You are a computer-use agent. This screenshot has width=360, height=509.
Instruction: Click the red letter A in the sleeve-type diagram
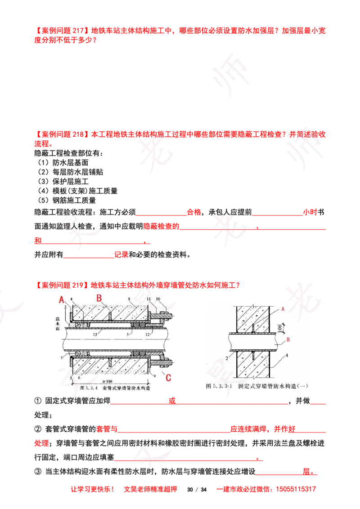tap(62, 299)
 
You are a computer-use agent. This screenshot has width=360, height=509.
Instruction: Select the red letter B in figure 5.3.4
tap(99, 298)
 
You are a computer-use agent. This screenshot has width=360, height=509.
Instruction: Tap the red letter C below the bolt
tap(168, 378)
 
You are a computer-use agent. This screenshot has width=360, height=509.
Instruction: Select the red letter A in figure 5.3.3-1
tap(282, 309)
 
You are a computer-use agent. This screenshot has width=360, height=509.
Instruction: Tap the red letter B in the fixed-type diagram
tap(288, 341)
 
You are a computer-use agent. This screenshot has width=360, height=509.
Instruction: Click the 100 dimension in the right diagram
tap(280, 327)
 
